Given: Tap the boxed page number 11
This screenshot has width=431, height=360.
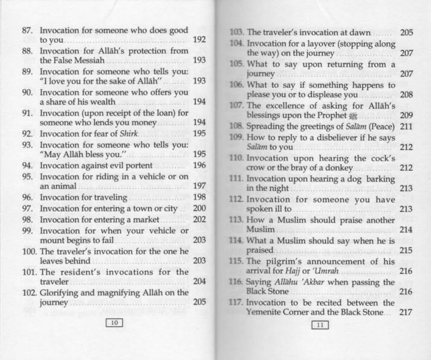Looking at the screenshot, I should click(x=320, y=325).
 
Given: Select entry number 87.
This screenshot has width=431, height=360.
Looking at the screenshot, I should click(x=27, y=30).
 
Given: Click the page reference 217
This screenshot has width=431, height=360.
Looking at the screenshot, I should click(x=406, y=312).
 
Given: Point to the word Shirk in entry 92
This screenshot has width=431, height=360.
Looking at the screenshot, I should click(x=128, y=133).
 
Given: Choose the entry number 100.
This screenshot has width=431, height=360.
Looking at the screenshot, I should click(x=29, y=251).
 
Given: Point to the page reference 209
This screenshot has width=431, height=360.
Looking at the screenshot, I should click(x=406, y=115).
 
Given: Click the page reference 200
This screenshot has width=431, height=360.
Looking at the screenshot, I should click(x=199, y=208).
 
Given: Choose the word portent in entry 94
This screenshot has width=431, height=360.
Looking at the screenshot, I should click(x=139, y=165).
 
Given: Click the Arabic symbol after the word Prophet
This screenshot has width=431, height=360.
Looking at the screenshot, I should click(x=352, y=115).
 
